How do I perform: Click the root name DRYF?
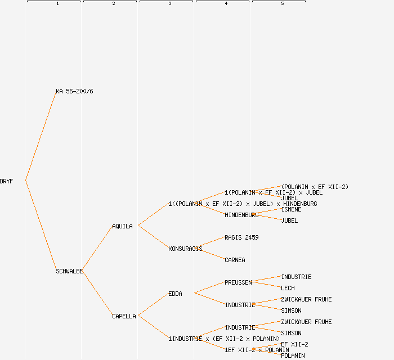pos(6,181)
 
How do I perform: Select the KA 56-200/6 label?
pos(74,91)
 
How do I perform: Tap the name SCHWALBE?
pos(69,271)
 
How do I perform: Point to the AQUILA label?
pos(122,226)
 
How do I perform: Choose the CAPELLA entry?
pos(124,316)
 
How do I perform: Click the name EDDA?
pos(175,294)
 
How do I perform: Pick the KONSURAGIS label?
pos(185,249)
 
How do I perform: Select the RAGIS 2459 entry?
pos(241,237)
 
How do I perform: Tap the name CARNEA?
pos(235,260)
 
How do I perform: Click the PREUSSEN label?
pos(238,282)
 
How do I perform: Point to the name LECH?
pos(288,288)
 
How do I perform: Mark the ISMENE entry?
pos(291,209)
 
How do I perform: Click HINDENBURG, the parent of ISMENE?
pos(241,215)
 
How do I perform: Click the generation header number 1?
pos(57,4)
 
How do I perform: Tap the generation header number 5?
pos(283,4)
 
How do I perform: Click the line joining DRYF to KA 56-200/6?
pos(41,136)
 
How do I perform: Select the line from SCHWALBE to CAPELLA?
pos(97,293)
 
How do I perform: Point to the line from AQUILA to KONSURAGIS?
pos(153,237)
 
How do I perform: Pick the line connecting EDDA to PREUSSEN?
pos(209,287)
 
